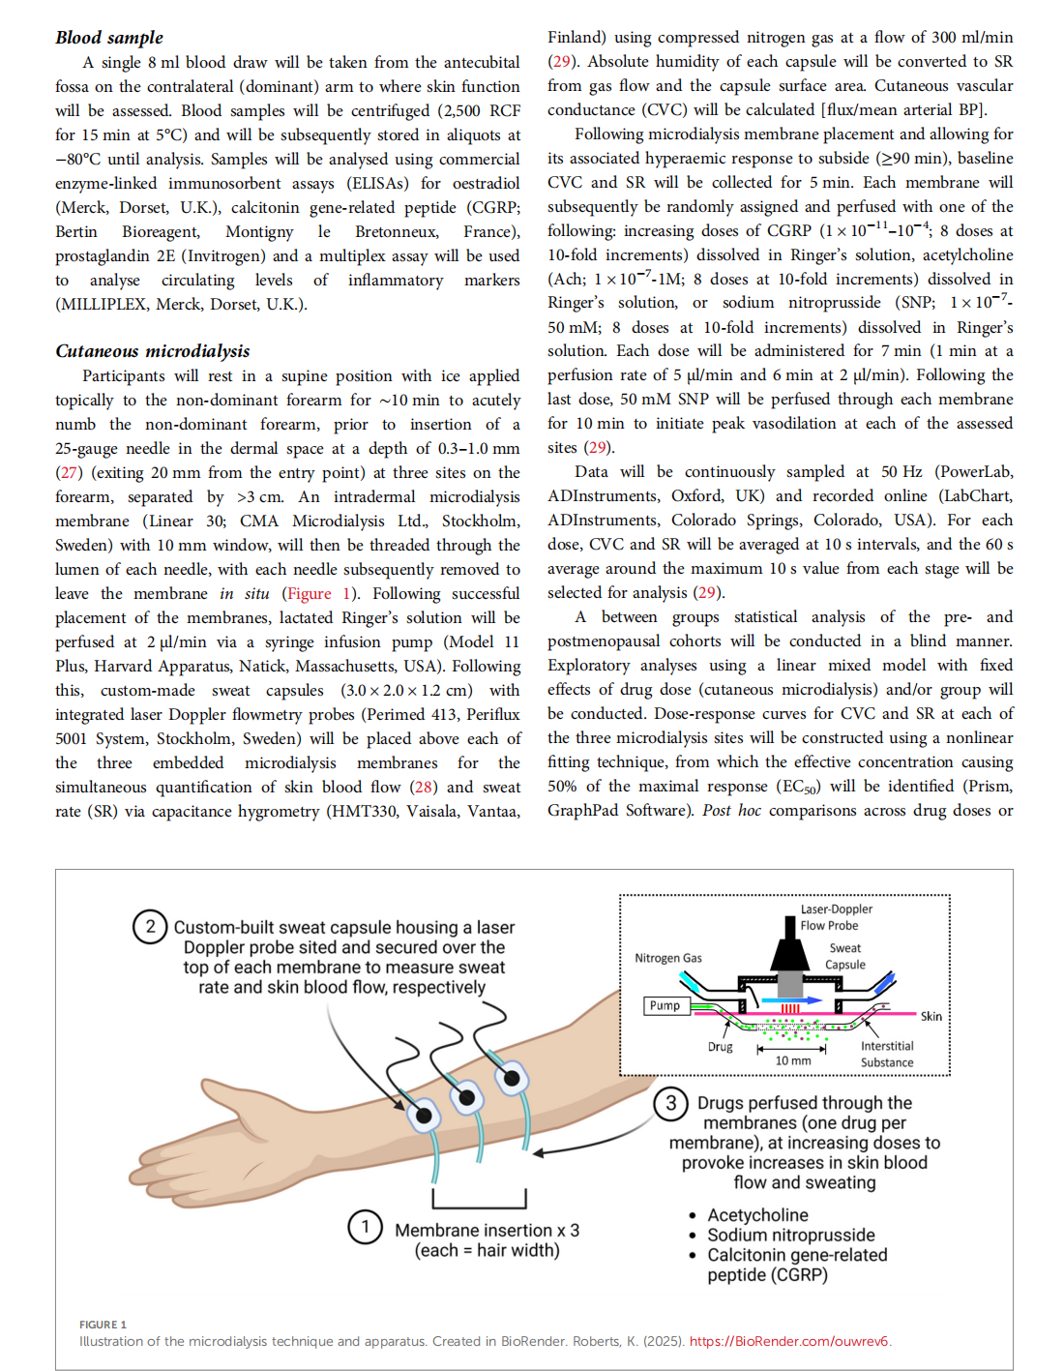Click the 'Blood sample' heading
[109, 38]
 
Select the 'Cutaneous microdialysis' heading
[153, 351]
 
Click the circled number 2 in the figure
[150, 926]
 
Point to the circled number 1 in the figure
[365, 1228]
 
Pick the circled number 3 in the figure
[670, 1103]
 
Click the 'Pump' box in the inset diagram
[665, 1005]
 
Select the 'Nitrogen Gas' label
[668, 958]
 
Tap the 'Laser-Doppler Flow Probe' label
[835, 917]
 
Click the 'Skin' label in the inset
[931, 1016]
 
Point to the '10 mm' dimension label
[793, 1060]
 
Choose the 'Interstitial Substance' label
[887, 1054]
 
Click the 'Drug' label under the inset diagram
[721, 1047]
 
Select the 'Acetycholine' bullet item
[757, 1215]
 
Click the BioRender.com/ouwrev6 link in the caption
[789, 1341]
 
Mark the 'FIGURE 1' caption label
[103, 1325]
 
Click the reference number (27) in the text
[69, 472]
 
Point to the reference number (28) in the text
[423, 787]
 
